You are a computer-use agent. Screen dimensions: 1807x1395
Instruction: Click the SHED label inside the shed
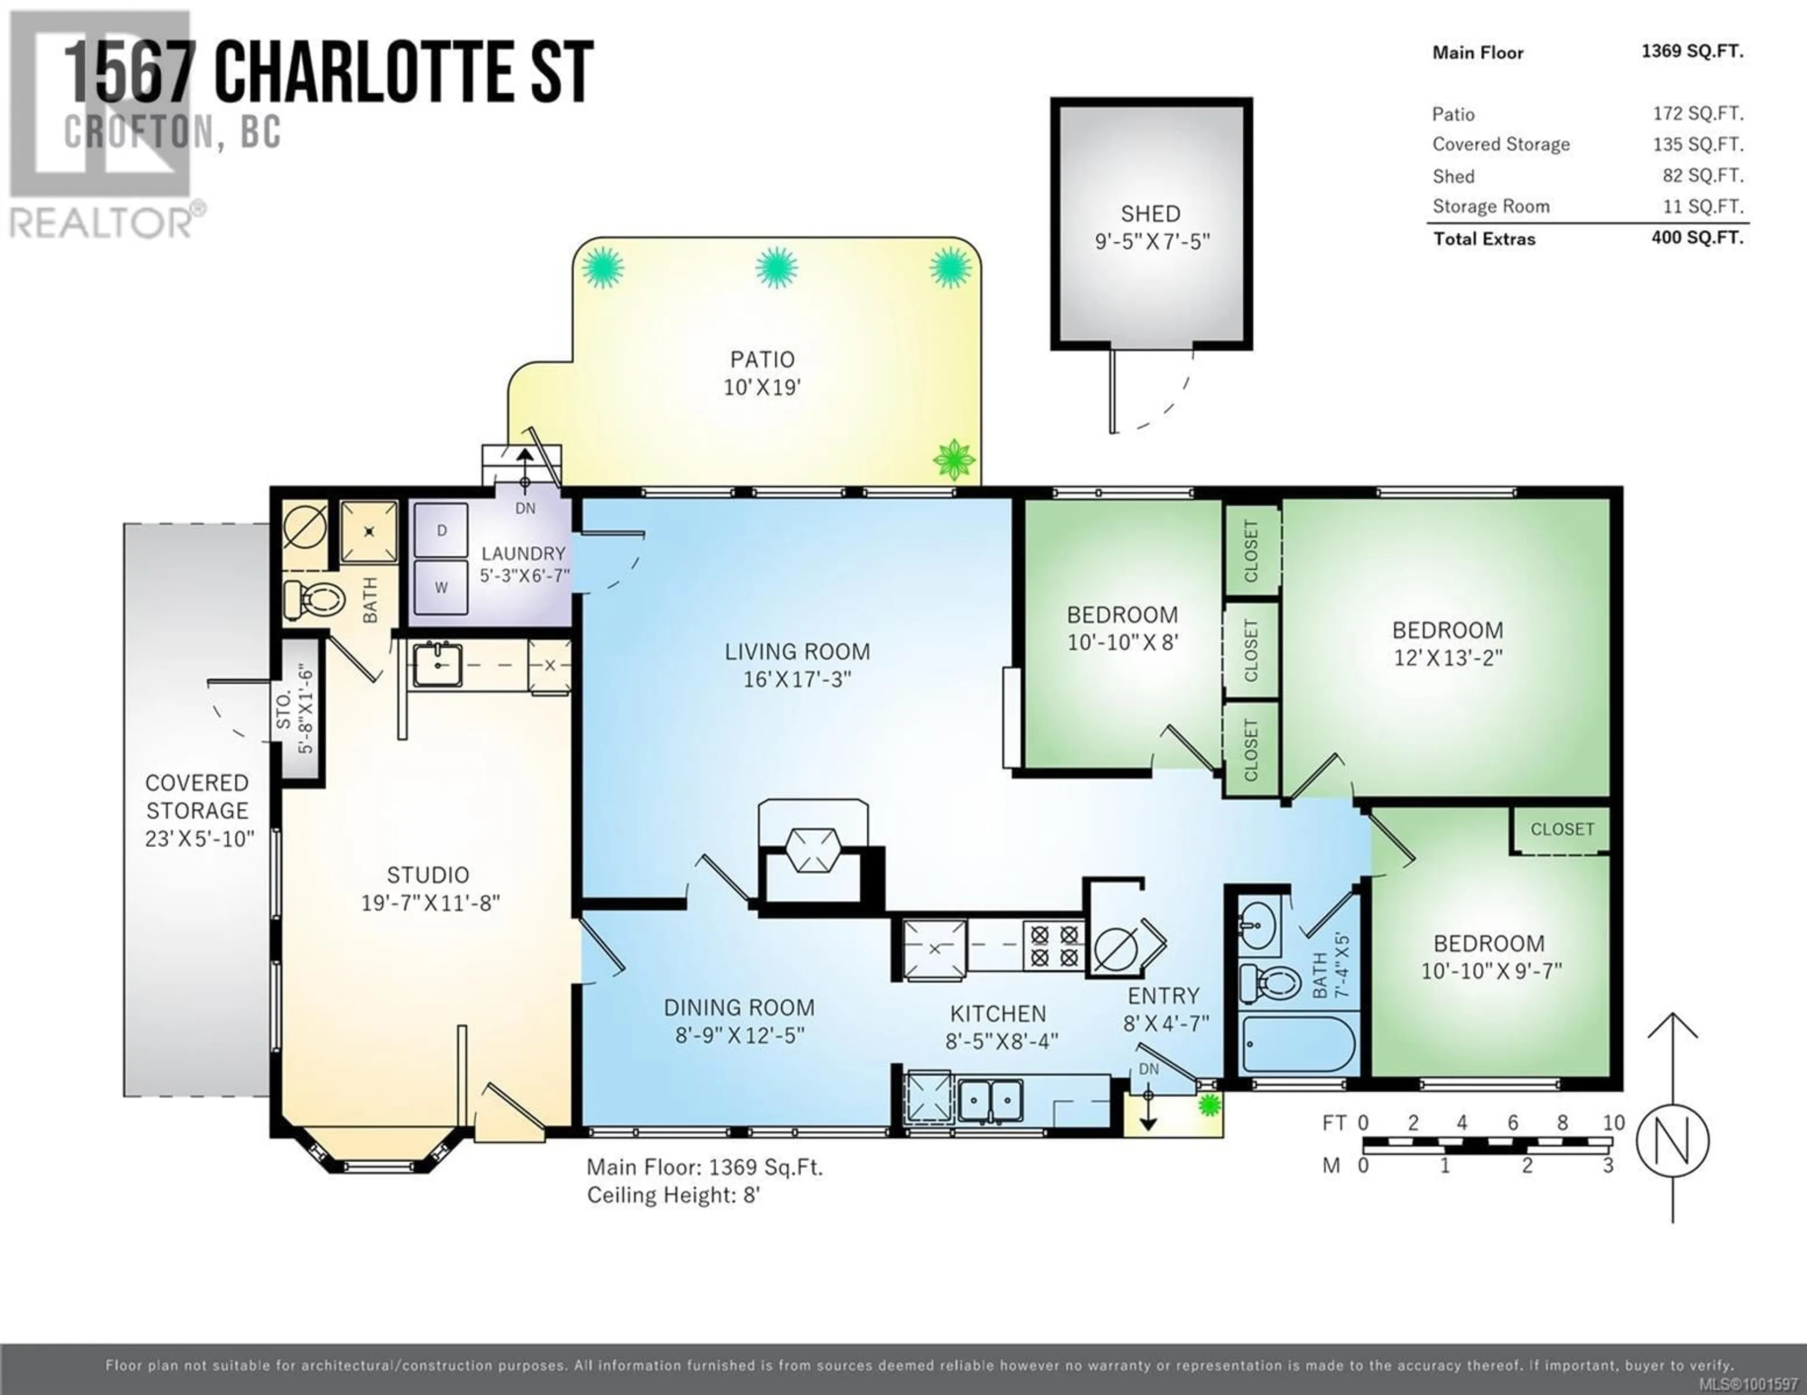point(1150,214)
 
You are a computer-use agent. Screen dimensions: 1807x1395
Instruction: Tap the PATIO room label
point(762,360)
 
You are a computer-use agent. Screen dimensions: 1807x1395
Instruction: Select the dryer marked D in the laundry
point(441,530)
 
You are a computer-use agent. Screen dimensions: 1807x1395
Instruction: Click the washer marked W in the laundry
point(441,587)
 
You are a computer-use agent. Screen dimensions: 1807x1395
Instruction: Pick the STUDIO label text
point(428,875)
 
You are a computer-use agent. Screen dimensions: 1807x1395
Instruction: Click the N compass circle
point(1672,1141)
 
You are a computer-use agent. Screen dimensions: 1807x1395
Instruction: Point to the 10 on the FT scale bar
point(1614,1123)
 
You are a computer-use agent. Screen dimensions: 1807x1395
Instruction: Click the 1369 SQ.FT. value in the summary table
point(1692,51)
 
